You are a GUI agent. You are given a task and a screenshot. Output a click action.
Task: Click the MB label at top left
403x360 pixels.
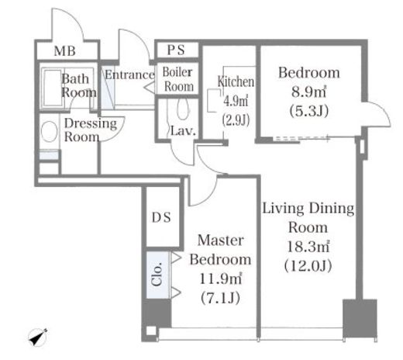point(65,51)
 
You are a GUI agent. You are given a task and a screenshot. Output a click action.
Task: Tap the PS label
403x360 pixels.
point(176,50)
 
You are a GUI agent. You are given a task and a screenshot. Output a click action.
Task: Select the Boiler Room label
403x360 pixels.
point(178,79)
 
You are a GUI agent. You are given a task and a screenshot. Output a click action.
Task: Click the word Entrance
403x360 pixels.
point(129,74)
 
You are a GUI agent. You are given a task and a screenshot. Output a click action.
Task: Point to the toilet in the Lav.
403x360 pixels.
point(183,109)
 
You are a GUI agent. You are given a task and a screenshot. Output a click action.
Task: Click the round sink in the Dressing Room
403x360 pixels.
point(50,131)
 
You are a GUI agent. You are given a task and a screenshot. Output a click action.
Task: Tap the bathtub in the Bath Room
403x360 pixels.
point(53,88)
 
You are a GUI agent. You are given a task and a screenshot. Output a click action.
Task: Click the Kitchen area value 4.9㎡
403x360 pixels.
point(236,101)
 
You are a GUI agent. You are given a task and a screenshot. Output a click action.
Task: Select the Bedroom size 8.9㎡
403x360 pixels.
point(309,92)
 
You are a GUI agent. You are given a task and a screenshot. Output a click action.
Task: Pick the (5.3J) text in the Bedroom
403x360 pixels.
point(309,111)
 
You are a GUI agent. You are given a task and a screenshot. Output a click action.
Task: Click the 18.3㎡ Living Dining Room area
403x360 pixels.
point(308,247)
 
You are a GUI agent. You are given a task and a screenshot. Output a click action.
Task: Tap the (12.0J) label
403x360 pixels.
point(308,266)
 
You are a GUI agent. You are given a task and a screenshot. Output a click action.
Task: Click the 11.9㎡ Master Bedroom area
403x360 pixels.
point(221,279)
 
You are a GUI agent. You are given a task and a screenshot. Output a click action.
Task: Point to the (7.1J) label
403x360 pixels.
point(220,298)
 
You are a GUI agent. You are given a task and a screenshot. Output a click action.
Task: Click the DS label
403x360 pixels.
point(161,217)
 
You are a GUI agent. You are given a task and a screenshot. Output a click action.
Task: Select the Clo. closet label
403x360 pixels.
point(157,275)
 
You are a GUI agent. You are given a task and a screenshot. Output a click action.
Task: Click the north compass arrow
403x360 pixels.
point(38,337)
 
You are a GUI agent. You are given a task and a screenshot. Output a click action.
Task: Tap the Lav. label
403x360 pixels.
point(183,131)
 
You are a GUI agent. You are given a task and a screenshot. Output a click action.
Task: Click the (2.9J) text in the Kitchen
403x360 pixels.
point(236,120)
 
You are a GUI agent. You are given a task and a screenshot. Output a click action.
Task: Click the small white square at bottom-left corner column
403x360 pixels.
point(151,331)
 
